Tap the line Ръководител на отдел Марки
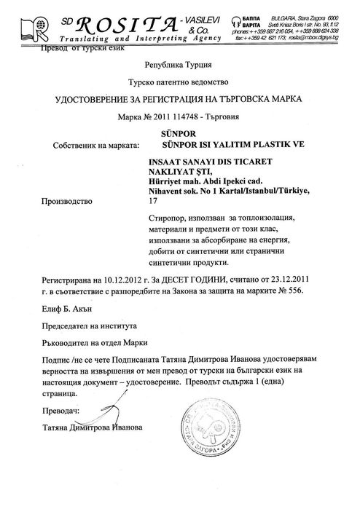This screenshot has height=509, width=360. tap(94, 342)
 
